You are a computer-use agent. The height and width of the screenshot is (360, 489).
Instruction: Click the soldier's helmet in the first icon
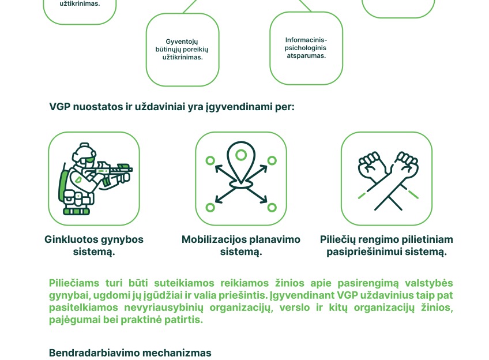click(x=84, y=153)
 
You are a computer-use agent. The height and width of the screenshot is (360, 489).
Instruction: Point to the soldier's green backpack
click(x=63, y=186)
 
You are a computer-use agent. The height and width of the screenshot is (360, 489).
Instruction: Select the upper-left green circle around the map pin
click(x=210, y=160)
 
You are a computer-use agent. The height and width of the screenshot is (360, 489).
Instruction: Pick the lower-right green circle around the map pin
click(x=272, y=208)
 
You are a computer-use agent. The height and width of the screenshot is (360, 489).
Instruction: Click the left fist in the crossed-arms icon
click(x=372, y=165)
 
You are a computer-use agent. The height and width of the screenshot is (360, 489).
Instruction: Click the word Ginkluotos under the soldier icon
click(x=71, y=239)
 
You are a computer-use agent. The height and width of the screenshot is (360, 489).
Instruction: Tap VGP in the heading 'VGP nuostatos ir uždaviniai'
click(x=59, y=107)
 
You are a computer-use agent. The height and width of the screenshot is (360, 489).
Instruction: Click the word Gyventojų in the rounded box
click(x=182, y=42)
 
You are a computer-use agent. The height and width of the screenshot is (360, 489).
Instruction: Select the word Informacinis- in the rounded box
click(x=306, y=40)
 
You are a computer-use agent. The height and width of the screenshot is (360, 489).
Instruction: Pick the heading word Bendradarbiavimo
click(x=94, y=353)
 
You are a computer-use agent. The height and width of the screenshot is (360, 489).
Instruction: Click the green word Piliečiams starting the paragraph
click(x=74, y=283)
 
